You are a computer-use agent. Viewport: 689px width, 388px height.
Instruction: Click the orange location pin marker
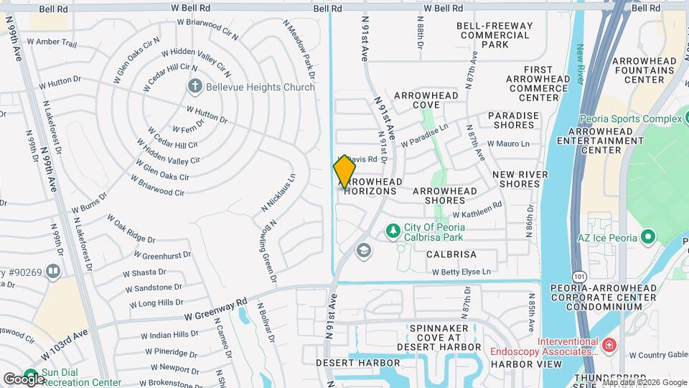[344, 172]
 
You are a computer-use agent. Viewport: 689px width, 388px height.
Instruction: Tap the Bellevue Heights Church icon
[194, 87]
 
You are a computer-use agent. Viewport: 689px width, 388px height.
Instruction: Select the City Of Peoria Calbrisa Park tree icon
[392, 231]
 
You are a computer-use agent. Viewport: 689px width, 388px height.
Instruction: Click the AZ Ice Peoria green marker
[648, 236]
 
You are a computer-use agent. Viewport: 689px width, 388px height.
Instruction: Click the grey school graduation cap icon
[364, 250]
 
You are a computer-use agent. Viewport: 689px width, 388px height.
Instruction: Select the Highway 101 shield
[579, 275]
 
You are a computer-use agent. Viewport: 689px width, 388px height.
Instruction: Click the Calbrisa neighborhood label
[451, 254]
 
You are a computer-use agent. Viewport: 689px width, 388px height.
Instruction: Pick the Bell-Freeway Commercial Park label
[495, 35]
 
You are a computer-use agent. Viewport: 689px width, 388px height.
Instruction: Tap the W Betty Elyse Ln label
[461, 272]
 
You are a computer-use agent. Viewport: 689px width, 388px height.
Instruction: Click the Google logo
[23, 379]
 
